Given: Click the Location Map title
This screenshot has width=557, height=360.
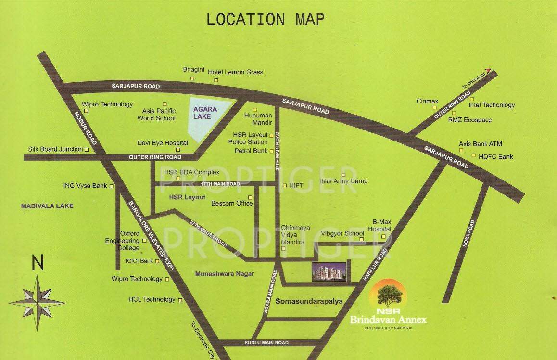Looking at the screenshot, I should pos(265,19).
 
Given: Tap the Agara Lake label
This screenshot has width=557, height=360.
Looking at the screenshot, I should pos(205,113).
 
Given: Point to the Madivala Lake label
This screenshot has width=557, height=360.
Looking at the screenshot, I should pos(47,206).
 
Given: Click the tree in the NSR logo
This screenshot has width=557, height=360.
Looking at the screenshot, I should pos(388,292).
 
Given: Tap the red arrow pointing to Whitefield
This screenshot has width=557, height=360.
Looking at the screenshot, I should pos(489,70).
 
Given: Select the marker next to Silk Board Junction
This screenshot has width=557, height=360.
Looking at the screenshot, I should pos(87,150).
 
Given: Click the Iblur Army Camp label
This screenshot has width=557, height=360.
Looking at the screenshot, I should pos(343,181).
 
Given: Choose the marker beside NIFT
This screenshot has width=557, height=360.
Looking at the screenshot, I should pos(285,185).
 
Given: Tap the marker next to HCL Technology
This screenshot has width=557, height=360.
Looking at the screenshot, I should pos(180,300).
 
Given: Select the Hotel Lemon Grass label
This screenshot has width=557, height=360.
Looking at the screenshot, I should pos(235,72).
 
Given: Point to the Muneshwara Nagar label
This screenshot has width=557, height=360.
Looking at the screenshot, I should pos(225,274).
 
